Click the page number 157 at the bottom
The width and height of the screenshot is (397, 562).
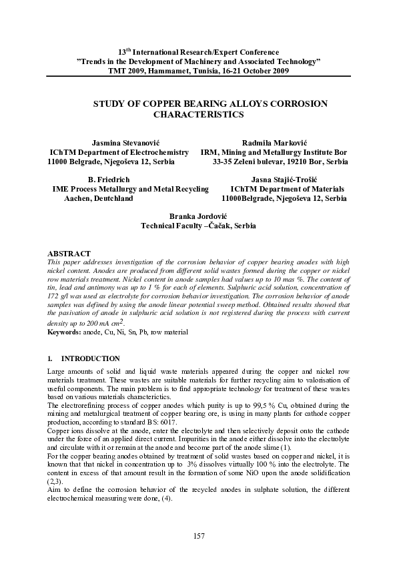[x=198, y=536]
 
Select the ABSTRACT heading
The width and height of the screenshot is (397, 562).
[x=69, y=254]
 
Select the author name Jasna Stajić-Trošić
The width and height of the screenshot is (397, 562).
[x=283, y=180]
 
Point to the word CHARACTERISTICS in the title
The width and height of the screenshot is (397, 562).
[x=198, y=114]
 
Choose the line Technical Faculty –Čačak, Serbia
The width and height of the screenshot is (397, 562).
[x=198, y=226]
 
